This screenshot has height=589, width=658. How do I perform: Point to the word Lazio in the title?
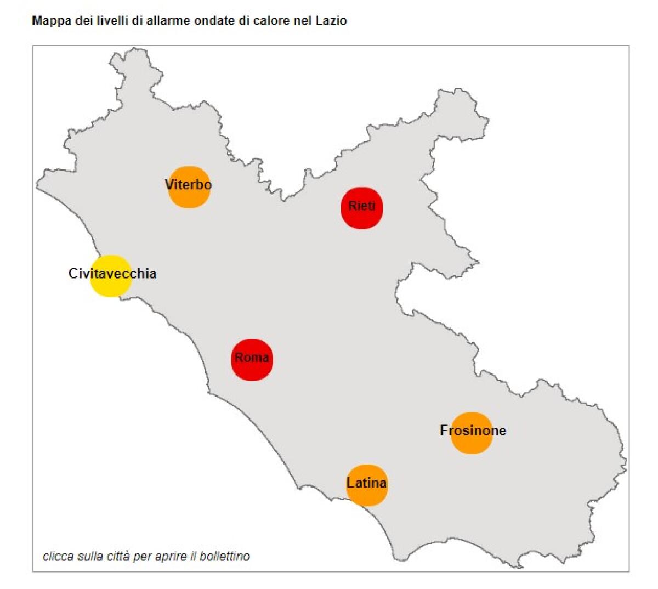coord(332,21)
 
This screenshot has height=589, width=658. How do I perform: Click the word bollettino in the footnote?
coord(225,556)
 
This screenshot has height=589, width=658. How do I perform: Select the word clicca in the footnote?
coord(58,556)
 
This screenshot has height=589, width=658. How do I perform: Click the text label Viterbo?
coord(188,185)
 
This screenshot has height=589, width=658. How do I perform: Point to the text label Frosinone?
coord(473,431)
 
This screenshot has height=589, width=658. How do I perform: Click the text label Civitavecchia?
coord(112,273)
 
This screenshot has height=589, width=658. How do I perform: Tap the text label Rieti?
coord(362,206)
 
